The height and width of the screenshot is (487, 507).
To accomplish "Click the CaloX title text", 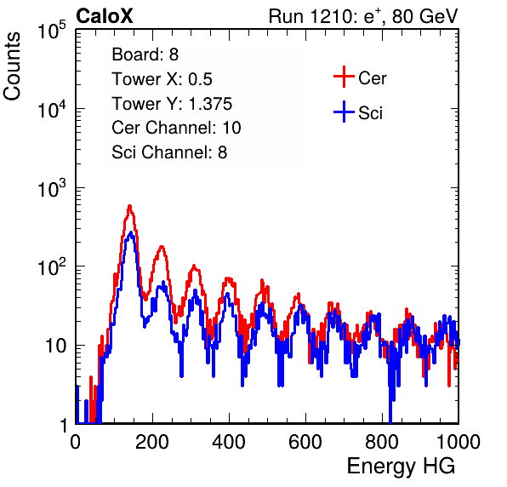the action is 104,16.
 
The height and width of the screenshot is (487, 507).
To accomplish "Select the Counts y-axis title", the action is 12,66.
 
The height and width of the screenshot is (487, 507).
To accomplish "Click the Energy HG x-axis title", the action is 401,467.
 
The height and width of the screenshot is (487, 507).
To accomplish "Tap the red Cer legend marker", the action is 344,77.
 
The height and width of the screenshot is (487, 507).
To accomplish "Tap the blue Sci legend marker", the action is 344,112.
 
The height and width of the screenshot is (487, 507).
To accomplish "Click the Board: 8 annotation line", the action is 145,54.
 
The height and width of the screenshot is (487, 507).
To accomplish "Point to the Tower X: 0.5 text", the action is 162,79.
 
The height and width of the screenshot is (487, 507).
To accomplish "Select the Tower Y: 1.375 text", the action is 172,104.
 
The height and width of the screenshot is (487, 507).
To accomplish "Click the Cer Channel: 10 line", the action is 177,128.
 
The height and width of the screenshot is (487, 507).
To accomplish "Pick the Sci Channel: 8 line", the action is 169,152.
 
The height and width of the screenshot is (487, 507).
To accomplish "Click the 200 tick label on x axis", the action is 152,442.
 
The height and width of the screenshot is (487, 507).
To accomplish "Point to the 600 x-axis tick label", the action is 305,442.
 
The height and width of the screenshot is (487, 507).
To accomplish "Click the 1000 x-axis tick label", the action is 459,442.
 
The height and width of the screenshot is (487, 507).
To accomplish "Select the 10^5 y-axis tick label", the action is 53,31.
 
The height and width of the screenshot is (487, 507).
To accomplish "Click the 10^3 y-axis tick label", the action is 53,189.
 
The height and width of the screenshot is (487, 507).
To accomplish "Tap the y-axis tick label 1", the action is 64,425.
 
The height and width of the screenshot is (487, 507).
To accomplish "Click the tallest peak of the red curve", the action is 129,206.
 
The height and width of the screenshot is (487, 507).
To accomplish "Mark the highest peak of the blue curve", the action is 130,232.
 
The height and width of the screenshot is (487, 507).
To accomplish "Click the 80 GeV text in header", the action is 424,16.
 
